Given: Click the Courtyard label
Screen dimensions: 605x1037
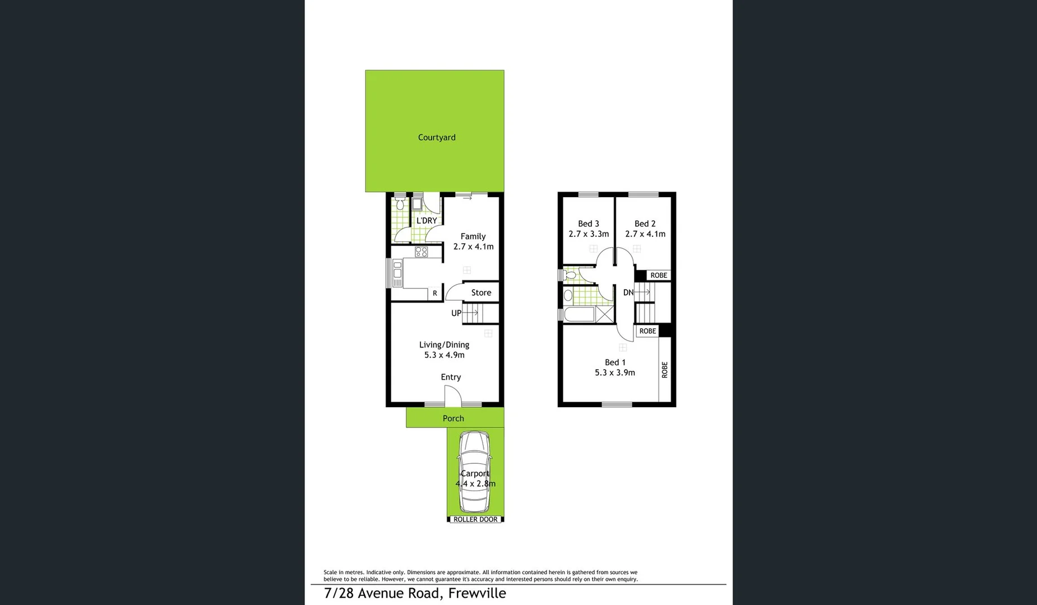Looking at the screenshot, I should (436, 137).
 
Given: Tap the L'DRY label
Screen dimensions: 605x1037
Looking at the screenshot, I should (427, 221).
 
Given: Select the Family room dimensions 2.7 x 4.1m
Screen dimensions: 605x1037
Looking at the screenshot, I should (473, 246).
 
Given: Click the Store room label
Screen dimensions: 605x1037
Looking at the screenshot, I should (481, 292).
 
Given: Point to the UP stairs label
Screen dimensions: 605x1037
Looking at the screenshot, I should (456, 313).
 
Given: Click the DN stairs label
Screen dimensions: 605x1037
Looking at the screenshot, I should (628, 292).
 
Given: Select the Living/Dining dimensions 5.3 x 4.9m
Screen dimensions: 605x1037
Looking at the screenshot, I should (444, 355).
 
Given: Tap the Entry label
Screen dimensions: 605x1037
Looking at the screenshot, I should (451, 377).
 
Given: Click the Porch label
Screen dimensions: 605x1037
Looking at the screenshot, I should (453, 418).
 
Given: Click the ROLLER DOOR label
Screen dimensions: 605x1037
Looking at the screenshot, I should (475, 519).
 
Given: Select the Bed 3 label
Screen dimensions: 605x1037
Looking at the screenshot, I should (588, 224).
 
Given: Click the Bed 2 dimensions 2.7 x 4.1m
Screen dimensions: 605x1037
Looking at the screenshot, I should (645, 234).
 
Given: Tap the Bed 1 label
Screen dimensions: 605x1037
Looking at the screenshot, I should (615, 362).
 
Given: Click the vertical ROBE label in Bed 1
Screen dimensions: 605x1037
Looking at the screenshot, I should (665, 370).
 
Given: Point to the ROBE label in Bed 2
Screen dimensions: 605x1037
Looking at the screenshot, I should (659, 275).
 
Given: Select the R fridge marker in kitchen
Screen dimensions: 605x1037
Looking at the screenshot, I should (434, 293).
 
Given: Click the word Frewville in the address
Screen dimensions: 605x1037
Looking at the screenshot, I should (477, 593).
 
